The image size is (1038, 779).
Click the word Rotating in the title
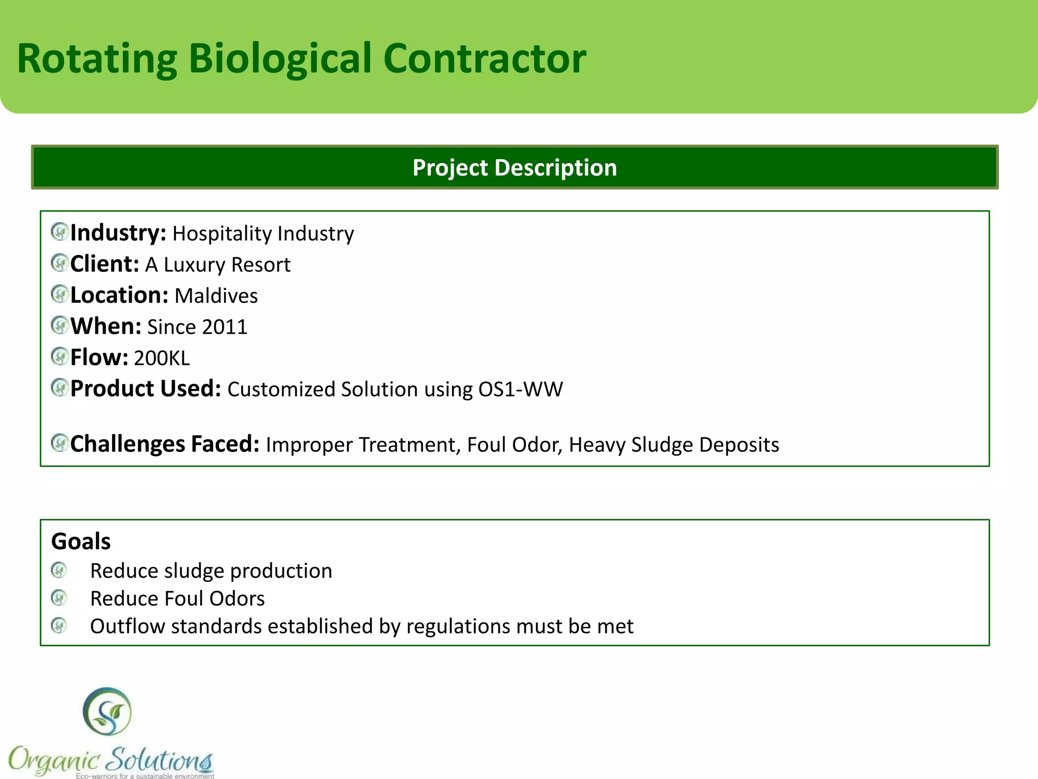pos(97,59)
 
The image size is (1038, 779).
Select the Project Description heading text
pos(514,168)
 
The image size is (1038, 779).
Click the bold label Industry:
pos(118,233)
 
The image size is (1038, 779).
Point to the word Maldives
pos(216,296)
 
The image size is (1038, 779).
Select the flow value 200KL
pos(162,358)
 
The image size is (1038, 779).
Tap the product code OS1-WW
pos(520,389)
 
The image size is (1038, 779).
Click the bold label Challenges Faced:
pos(165,444)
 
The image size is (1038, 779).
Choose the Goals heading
pos(81,541)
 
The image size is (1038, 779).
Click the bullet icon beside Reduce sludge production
pos(59,571)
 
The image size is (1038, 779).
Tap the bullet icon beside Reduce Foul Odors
pos(59,598)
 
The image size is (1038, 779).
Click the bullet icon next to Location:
pos(60,294)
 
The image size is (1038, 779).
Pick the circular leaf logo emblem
pos(107,712)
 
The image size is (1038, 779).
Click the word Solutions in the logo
pos(160,760)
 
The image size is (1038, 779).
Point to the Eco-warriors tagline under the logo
pos(145,775)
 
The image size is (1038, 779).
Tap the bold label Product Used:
pos(145,389)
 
